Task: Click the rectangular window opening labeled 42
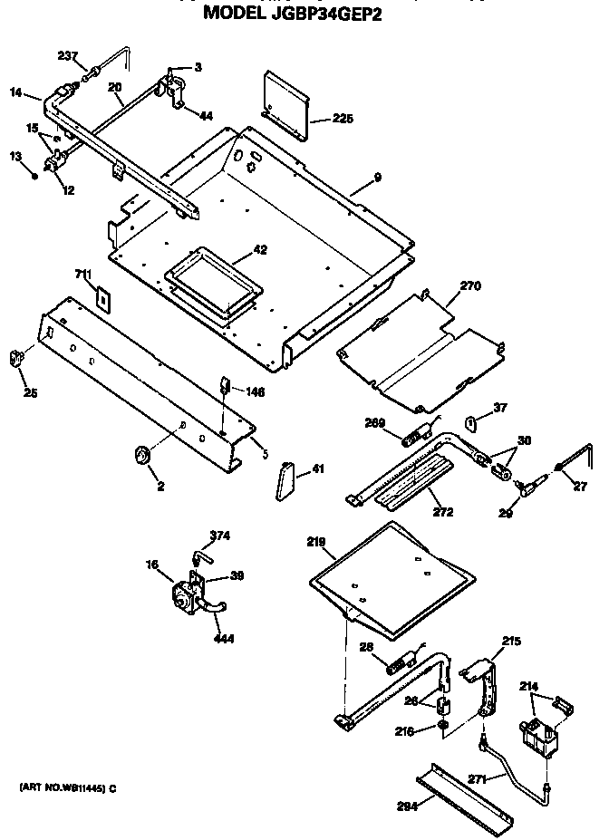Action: tap(211, 282)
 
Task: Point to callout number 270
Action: tap(470, 286)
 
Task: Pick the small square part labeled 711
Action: tap(104, 295)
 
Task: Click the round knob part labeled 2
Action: tap(141, 455)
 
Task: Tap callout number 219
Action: tap(316, 541)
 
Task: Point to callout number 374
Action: tap(220, 536)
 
